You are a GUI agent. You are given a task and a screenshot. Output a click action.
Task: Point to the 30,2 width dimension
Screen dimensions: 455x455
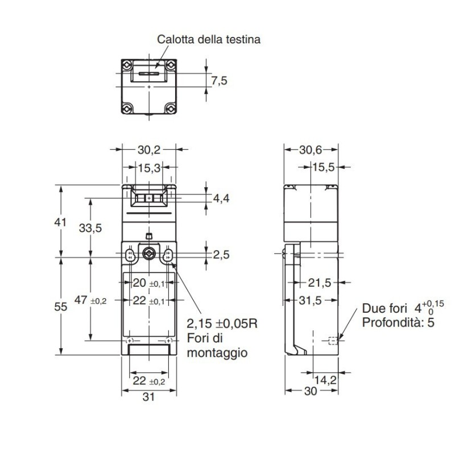pyautogui.click(x=148, y=150)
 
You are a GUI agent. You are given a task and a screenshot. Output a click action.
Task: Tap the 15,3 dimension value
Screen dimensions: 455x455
pyautogui.click(x=148, y=168)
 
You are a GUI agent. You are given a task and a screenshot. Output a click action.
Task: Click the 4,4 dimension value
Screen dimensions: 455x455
pyautogui.click(x=221, y=198)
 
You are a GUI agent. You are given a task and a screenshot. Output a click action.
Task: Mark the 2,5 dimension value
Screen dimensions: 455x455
pyautogui.click(x=221, y=255)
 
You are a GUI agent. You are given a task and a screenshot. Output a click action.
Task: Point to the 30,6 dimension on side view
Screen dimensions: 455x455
pyautogui.click(x=311, y=150)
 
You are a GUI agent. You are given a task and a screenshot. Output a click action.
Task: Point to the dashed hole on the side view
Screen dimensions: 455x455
pyautogui.click(x=333, y=341)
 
